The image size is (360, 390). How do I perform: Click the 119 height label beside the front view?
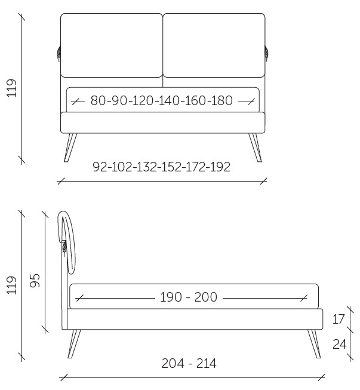(x=12, y=88)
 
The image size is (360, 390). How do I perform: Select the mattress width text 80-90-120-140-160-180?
(x=162, y=100)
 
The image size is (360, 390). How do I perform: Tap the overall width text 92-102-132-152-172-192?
(x=162, y=167)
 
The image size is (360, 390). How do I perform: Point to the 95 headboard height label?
(x=35, y=281)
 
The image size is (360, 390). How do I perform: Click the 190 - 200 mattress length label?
(x=189, y=297)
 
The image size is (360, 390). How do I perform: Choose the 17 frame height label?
(x=339, y=319)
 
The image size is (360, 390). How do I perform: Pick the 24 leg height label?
(x=339, y=344)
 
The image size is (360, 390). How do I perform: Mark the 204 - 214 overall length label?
(x=189, y=363)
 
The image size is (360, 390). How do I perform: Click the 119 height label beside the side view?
(x=12, y=285)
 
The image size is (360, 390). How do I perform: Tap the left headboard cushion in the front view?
(x=112, y=45)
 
